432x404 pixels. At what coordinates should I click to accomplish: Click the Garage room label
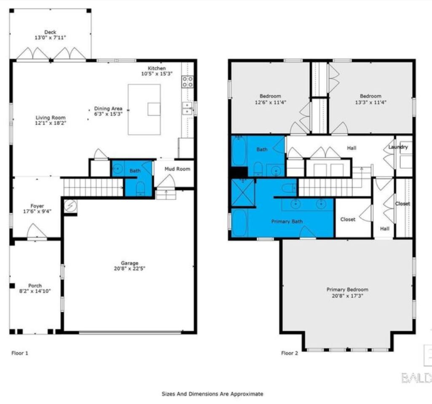129,263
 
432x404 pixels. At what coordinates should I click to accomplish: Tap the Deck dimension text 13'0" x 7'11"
51,38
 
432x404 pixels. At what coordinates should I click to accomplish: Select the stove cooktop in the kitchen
188,82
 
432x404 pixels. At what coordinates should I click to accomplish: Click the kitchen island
145,109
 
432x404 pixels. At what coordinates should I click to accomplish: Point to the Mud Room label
177,169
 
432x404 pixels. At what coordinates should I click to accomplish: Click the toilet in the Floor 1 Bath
140,189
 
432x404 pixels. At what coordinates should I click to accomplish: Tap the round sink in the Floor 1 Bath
118,168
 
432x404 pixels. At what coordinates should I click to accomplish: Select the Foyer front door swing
37,231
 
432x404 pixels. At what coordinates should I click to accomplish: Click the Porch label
35,285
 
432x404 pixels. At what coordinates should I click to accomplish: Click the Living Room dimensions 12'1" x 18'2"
51,123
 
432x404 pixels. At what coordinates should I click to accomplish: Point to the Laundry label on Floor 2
398,147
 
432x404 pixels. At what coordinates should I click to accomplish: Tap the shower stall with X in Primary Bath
243,192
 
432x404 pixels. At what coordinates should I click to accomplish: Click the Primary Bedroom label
347,289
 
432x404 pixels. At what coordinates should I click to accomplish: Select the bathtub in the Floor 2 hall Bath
239,151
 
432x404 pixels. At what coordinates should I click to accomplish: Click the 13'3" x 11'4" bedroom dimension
370,102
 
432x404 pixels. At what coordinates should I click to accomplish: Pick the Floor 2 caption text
290,353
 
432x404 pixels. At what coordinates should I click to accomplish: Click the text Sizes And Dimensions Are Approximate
212,394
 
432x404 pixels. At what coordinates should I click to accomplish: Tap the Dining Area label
108,108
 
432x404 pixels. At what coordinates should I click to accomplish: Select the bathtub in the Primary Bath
239,223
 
